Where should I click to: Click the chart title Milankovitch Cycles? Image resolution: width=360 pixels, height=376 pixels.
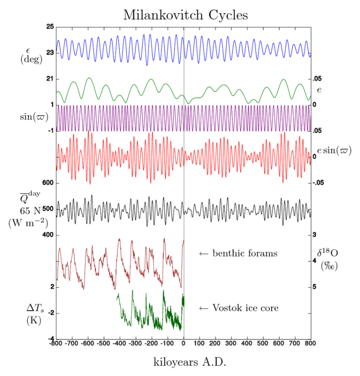pyautogui.click(x=185, y=15)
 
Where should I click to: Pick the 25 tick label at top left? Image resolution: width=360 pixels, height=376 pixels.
pyautogui.click(x=49, y=27)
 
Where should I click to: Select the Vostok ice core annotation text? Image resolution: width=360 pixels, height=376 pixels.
pyautogui.click(x=245, y=308)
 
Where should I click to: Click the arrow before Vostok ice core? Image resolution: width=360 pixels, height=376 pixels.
pyautogui.click(x=203, y=308)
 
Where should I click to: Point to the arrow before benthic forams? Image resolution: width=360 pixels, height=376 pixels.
pyautogui.click(x=203, y=253)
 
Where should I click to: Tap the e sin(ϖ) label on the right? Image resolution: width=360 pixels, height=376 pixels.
pyautogui.click(x=334, y=150)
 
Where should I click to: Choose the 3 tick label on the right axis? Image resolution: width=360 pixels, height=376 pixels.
pyautogui.click(x=315, y=235)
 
